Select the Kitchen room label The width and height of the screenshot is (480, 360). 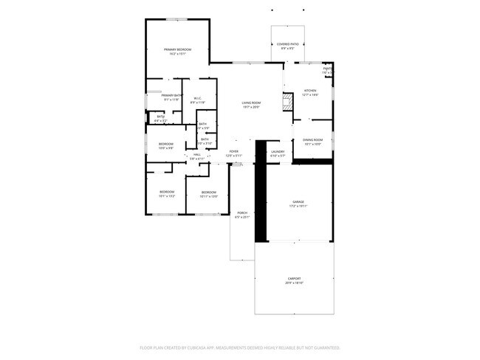coord(309,91)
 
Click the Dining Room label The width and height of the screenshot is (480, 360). coord(312,140)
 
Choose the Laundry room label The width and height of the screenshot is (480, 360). coord(277,151)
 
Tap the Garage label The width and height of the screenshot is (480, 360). coord(298,201)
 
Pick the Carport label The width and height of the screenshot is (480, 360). coord(294,279)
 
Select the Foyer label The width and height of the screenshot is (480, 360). coord(233,151)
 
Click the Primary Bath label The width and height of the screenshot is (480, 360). coord(173,95)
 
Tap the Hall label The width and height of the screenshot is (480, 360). coord(197,154)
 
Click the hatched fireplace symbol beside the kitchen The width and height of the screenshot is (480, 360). coord(287,102)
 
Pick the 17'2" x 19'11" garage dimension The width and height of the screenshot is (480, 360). coord(298,206)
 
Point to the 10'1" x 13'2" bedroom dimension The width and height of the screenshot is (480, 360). coord(167,196)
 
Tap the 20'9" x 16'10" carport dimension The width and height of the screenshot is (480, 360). coord(294,283)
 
